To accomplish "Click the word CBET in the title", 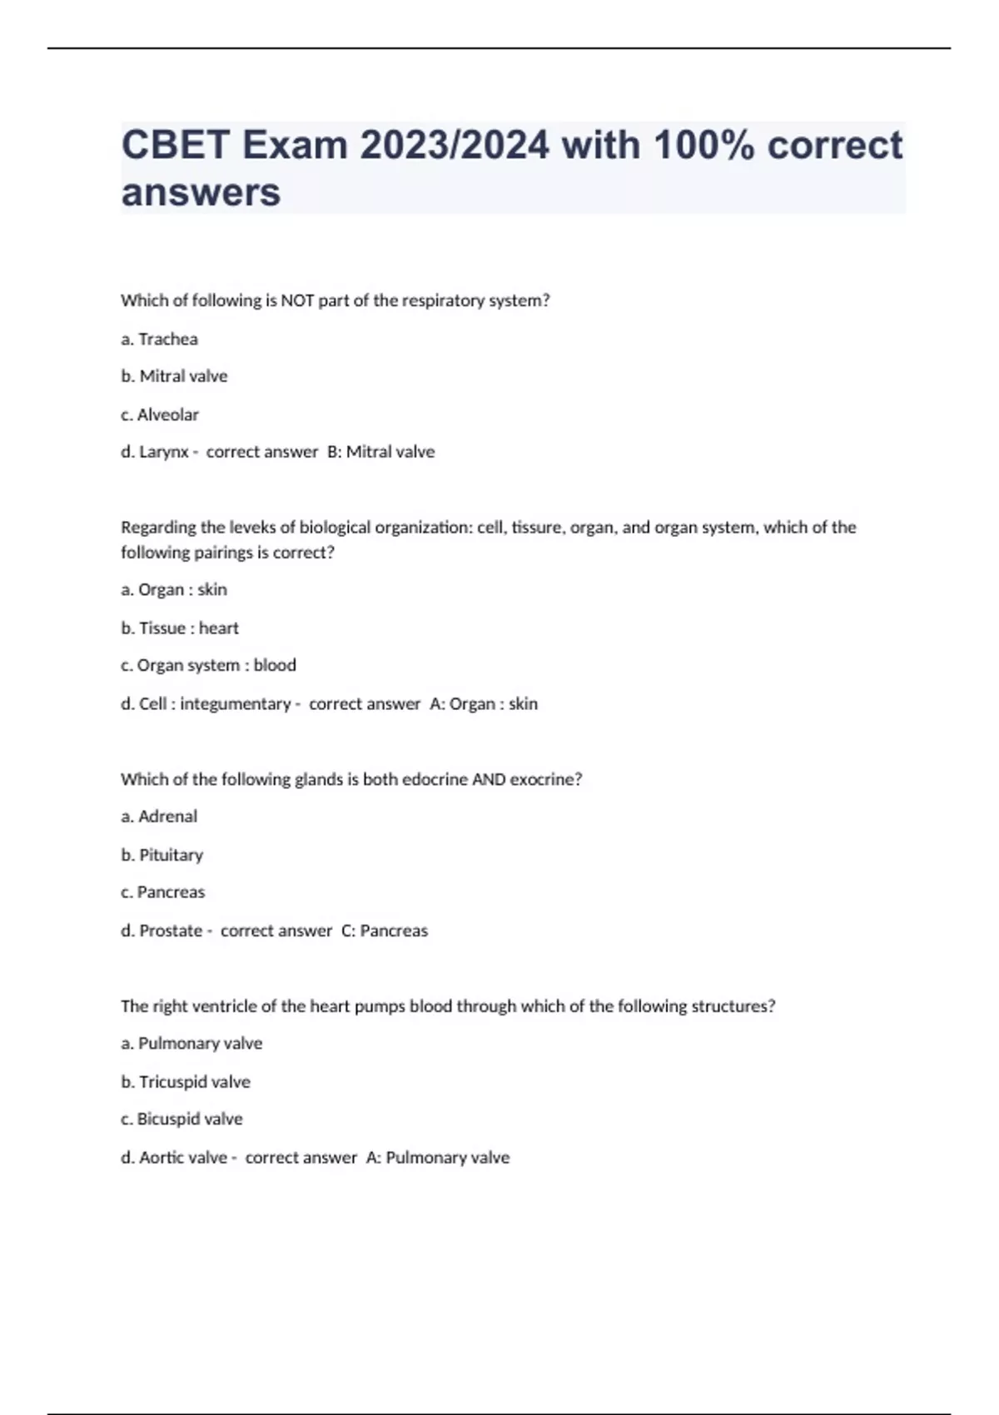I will [175, 146].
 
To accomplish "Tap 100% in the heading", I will [703, 146].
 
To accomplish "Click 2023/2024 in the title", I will [455, 146].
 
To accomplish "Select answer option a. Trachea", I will [159, 339].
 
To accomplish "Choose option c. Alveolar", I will [160, 415].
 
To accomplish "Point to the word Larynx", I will [164, 452].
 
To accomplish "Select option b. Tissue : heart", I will [180, 628].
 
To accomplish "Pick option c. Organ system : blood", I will [208, 665].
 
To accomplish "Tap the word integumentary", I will [235, 703].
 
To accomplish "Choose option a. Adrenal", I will [159, 817].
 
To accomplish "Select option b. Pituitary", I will [162, 855].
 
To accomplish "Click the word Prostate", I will [171, 931].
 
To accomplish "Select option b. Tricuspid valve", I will [186, 1081].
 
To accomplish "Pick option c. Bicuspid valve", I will [181, 1119].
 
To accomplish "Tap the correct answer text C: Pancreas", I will [385, 931].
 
